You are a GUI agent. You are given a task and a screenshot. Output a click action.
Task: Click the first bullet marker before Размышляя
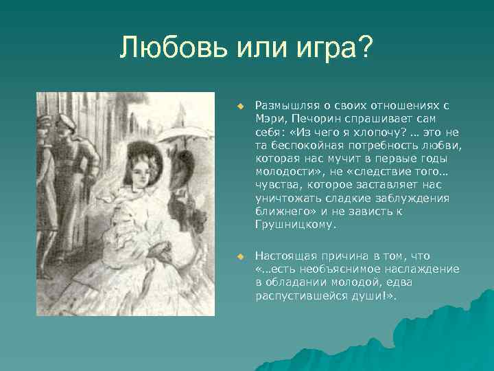pos(241,106)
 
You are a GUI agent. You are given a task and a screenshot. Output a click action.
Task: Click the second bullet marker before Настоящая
pos(241,256)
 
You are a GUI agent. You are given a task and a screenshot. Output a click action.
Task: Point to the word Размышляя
pos(282,106)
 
